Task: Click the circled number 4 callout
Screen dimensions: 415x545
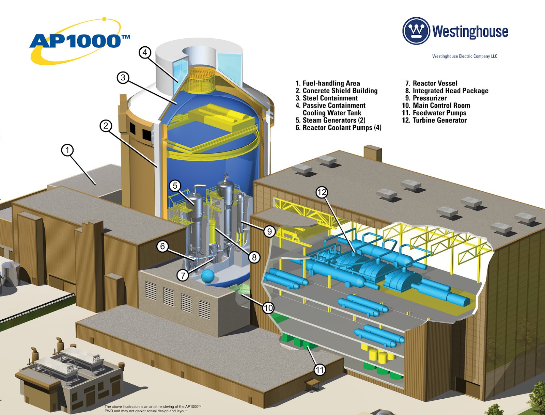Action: tap(145, 52)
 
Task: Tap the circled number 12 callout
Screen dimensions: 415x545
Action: tap(322, 192)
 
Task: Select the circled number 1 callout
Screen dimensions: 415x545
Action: tap(67, 150)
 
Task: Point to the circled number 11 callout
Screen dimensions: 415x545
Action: tap(320, 370)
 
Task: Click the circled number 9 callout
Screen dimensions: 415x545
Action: tap(269, 232)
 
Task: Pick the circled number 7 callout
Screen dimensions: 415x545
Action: tap(183, 275)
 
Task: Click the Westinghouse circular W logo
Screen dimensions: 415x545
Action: tap(416, 31)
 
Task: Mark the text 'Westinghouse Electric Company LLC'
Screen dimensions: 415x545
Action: tap(465, 56)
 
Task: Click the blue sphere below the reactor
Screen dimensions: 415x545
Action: tap(207, 276)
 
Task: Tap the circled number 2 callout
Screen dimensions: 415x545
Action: tap(106, 126)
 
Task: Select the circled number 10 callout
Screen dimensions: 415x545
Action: tap(268, 308)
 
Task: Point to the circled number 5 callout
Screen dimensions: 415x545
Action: tap(175, 186)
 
